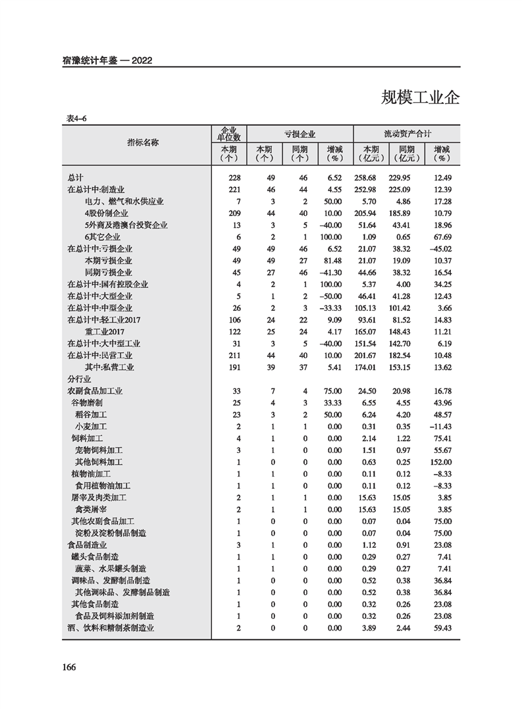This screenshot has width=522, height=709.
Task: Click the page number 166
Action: (69, 667)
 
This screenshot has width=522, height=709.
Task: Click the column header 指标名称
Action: (143, 142)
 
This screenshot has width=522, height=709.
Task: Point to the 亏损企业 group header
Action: (300, 134)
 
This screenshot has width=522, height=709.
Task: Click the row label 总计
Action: (75, 178)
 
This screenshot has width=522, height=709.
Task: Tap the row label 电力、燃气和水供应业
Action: (124, 201)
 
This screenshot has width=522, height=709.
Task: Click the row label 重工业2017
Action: (105, 332)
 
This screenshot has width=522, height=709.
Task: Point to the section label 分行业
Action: (78, 379)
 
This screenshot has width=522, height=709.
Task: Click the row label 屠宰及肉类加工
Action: (99, 498)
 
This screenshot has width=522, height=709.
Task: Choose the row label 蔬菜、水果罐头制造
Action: (111, 569)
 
